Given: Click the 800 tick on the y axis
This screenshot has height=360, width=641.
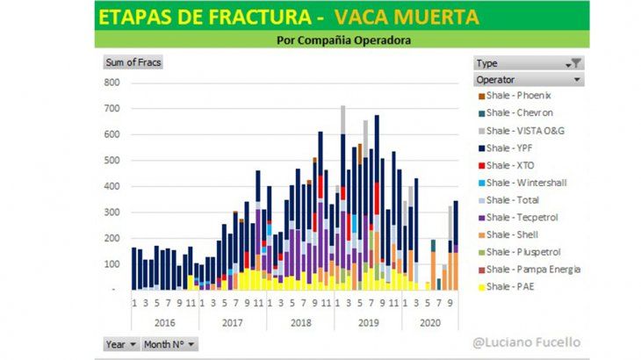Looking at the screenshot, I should (x=111, y=83).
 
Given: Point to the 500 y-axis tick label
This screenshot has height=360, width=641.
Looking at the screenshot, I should (x=111, y=161).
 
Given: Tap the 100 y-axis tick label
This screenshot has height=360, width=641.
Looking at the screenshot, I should (x=111, y=264).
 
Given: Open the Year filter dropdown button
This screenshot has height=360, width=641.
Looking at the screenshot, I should (x=121, y=344).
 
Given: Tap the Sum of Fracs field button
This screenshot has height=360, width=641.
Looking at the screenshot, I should (x=133, y=62).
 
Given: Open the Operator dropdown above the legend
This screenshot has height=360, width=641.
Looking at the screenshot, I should (x=529, y=79).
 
